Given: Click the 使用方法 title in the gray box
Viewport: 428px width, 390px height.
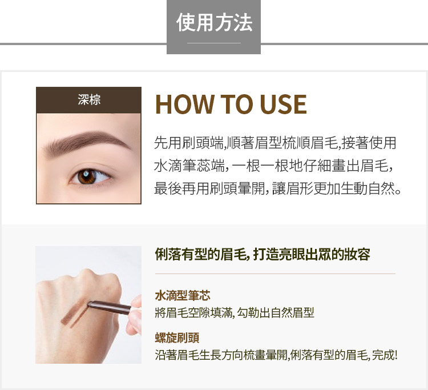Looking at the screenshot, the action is pos(214,23).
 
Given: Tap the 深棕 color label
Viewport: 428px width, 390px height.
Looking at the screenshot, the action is pos(89,99).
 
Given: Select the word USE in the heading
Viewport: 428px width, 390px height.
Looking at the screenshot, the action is pos(283,104).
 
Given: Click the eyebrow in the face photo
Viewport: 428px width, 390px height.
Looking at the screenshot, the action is pos(87,143).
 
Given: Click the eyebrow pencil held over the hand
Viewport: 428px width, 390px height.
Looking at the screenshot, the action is pos(109,307).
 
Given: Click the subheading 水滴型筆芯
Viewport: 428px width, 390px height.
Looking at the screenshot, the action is pos(183,296).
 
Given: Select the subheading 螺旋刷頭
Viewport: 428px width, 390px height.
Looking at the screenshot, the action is pos(177,338).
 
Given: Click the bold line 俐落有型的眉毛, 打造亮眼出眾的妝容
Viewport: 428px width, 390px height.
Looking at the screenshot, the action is pos(263,255).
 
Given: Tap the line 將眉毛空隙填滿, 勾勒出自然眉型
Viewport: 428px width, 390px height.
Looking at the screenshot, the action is pos(235,312).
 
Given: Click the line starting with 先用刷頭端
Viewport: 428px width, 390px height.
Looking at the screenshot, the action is pos(275,143).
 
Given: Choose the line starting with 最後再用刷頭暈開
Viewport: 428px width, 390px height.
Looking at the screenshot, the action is pos(277,188).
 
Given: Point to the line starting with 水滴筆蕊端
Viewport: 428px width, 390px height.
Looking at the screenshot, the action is pos(273,166).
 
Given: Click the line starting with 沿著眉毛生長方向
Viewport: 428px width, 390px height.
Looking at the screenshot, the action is pos(276,355).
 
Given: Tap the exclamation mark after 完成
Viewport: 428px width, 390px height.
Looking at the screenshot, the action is pos(395,355).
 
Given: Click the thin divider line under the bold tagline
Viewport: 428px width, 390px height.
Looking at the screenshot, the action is pos(275,274).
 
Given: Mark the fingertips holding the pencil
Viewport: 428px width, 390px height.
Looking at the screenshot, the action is pos(135,315).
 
